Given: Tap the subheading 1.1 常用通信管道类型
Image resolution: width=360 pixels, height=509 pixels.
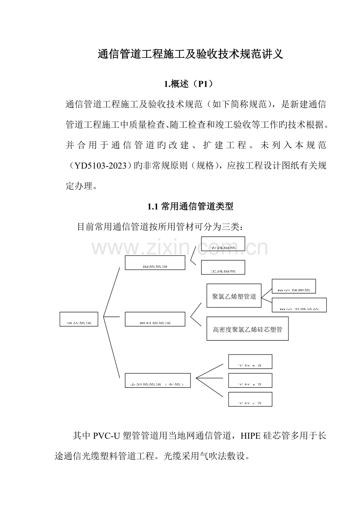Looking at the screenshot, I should tap(190, 206).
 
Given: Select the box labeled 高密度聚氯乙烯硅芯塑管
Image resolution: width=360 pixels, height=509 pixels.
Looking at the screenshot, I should tap(247, 329).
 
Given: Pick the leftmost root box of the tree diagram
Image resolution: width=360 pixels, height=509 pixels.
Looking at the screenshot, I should tap(79, 319).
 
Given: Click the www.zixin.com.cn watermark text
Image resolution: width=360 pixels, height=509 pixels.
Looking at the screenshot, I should tap(180, 248).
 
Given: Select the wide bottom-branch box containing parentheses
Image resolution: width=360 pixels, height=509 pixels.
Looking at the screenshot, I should tap(158, 380).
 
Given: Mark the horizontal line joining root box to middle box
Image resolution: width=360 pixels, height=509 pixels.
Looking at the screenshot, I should tap(112, 316).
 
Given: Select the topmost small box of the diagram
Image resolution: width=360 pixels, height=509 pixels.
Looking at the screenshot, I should tap(223, 244).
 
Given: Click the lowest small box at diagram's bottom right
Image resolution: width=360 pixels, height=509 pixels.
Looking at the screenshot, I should tap(250, 399).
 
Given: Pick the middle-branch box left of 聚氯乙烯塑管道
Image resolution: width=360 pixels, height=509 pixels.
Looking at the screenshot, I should tap(155, 319).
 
